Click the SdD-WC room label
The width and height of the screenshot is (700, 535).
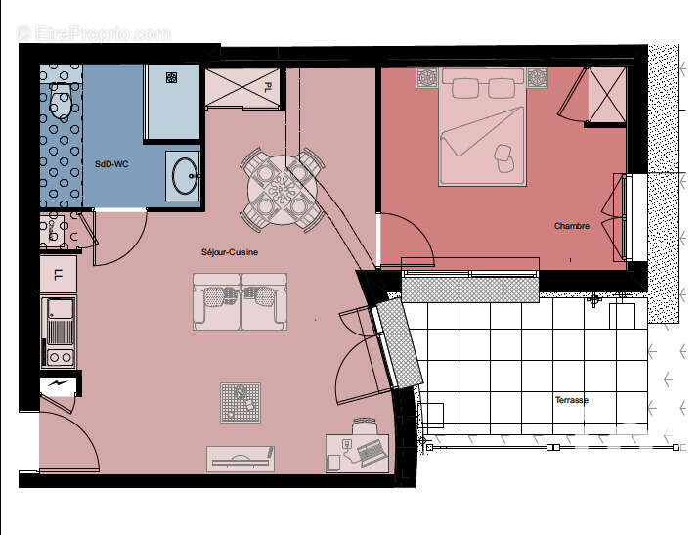point(110,164)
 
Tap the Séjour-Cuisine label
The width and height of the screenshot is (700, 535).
point(230,252)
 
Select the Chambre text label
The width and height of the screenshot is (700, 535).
point(572,226)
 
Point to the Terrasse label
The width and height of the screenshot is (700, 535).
point(572,400)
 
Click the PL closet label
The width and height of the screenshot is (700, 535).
point(268,87)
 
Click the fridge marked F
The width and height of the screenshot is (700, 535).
point(58,274)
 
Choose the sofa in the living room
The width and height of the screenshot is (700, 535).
point(240,301)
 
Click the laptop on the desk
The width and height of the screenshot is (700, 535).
point(372,451)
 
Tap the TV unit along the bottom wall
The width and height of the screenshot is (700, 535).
point(240,458)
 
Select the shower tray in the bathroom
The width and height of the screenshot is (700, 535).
point(173,102)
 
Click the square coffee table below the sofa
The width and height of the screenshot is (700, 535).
point(241,401)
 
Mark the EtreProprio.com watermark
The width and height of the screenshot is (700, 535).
point(93,33)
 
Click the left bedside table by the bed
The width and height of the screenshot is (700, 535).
point(428,77)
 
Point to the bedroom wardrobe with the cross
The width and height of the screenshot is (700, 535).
point(606,96)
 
